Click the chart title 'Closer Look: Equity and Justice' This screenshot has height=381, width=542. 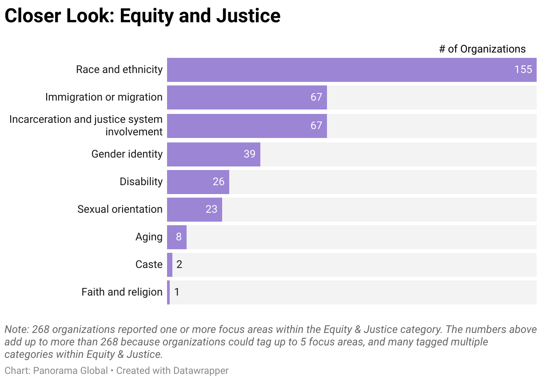click(x=142, y=16)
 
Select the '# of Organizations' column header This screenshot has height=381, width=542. click(x=482, y=49)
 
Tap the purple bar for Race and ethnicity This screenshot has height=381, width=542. click(x=338, y=70)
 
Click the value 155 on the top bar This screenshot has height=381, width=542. click(x=523, y=70)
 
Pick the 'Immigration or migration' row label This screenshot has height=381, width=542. click(x=104, y=97)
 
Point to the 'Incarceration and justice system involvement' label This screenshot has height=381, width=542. click(x=86, y=126)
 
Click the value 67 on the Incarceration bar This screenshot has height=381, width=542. click(x=316, y=126)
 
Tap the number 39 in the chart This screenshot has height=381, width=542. click(x=249, y=154)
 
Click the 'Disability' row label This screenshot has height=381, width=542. click(x=141, y=182)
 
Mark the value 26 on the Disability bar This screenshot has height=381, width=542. click(x=218, y=182)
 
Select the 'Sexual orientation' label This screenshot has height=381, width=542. click(x=120, y=209)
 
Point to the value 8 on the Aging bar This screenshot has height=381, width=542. click(x=179, y=237)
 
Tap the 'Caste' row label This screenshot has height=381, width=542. click(x=149, y=264)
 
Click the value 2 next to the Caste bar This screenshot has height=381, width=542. click(x=179, y=264)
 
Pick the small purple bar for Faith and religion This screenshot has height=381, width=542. click(x=168, y=292)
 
